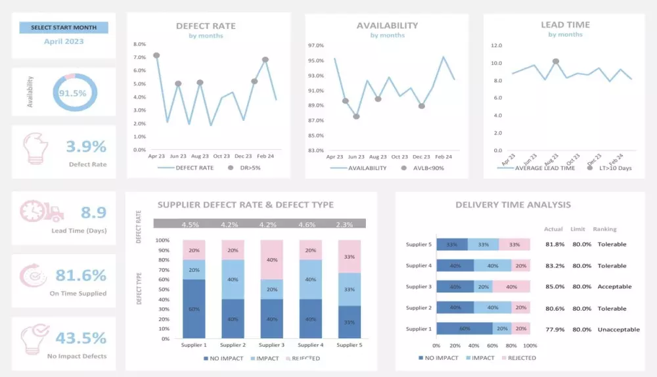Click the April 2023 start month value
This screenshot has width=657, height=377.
click(64, 41)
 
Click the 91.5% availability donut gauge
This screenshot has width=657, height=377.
click(73, 93)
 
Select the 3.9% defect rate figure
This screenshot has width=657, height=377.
click(86, 146)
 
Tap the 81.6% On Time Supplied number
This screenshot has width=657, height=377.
click(81, 275)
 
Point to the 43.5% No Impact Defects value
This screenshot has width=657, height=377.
click(81, 338)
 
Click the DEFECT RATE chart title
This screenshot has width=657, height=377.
click(206, 26)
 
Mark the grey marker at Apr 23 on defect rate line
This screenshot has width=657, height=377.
click(156, 56)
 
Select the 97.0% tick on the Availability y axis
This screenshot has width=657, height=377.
click(316, 46)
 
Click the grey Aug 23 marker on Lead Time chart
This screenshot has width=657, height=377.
click(556, 61)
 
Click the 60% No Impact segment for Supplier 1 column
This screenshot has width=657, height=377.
click(195, 309)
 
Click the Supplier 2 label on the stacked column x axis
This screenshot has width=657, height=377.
click(234, 345)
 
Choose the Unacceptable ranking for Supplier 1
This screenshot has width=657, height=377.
click(618, 330)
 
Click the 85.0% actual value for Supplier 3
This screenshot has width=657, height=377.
click(554, 286)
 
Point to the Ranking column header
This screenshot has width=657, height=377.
click(604, 229)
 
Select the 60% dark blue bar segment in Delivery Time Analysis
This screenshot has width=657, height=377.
click(464, 329)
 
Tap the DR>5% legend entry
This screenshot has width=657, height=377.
click(247, 168)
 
